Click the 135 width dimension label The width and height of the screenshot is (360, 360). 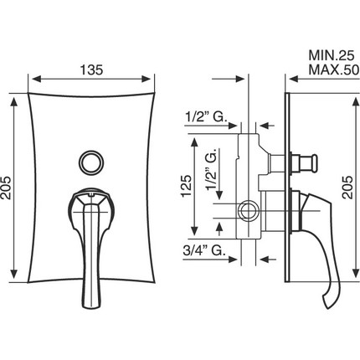tap(92, 69)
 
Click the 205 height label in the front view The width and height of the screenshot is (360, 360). tap(6, 188)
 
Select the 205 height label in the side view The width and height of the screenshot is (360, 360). tap(347, 187)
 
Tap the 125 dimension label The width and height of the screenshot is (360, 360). tap(186, 186)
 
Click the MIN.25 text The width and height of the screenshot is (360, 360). tap(332, 56)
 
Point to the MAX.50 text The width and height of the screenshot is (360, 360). tap(333, 70)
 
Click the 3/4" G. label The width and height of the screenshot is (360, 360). tap(204, 250)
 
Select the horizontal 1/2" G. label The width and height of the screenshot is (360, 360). tap(206, 117)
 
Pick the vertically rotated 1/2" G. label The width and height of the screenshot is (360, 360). tap(212, 172)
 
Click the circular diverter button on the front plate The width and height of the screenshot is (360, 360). tap(91, 162)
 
